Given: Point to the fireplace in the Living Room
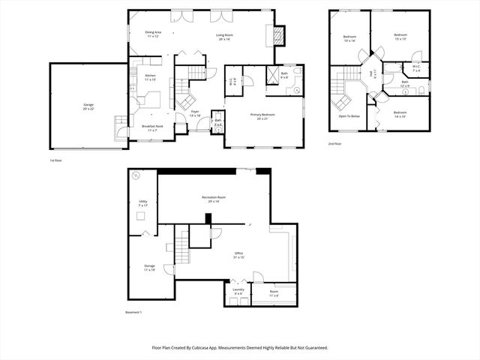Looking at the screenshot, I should [278, 35].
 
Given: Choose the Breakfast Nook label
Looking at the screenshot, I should [152, 128].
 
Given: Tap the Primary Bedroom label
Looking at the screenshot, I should [262, 116].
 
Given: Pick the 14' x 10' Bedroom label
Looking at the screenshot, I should [401, 114].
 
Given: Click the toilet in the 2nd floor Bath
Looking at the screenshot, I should [421, 89].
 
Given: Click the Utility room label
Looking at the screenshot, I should [142, 203].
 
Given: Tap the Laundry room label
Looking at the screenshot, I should [238, 290].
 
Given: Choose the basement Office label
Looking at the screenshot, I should [238, 255].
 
